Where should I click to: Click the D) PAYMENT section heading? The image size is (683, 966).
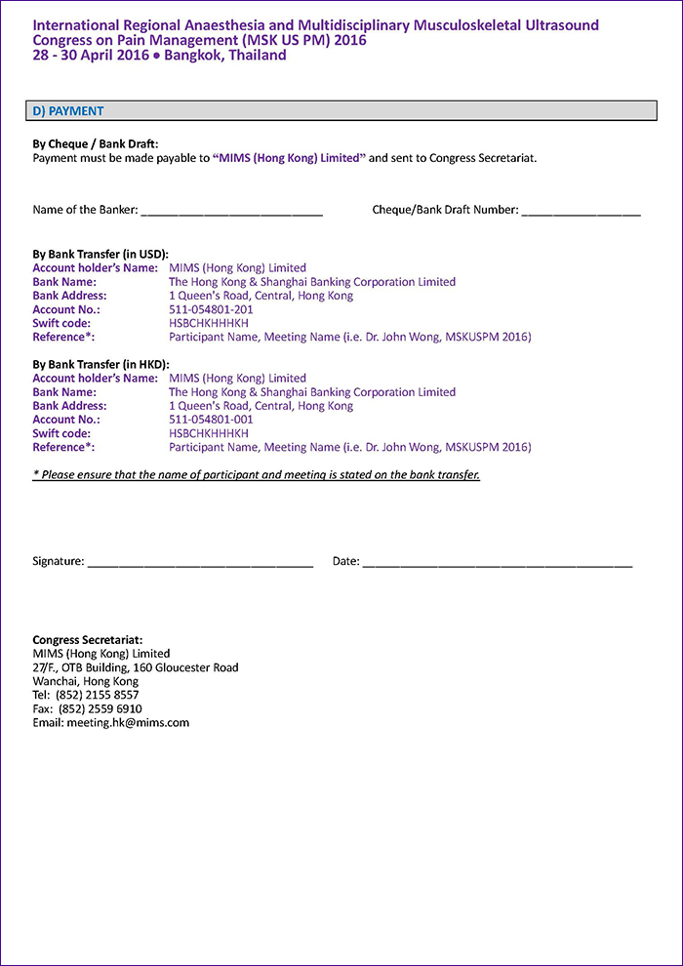(x=68, y=111)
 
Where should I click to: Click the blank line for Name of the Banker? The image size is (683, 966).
(x=231, y=212)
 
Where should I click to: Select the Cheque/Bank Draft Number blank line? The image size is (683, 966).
(x=581, y=212)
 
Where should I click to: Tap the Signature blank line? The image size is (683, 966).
(x=199, y=563)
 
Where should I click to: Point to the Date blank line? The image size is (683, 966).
(x=497, y=563)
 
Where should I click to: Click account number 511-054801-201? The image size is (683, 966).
(x=211, y=309)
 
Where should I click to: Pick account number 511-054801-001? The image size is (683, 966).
(x=211, y=420)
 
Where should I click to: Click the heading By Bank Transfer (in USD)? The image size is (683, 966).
(x=100, y=254)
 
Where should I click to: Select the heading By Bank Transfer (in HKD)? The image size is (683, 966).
(x=100, y=364)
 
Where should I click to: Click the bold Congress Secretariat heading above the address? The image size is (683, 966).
(x=88, y=640)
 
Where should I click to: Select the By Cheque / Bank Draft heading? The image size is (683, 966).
(x=96, y=143)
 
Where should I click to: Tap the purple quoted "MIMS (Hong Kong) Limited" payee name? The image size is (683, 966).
(x=289, y=157)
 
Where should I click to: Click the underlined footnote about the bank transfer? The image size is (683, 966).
(x=256, y=475)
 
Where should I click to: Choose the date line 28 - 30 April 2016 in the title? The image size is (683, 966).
(x=159, y=56)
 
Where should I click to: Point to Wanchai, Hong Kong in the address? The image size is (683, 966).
(x=86, y=681)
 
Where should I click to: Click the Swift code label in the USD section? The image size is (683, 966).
(x=61, y=323)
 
